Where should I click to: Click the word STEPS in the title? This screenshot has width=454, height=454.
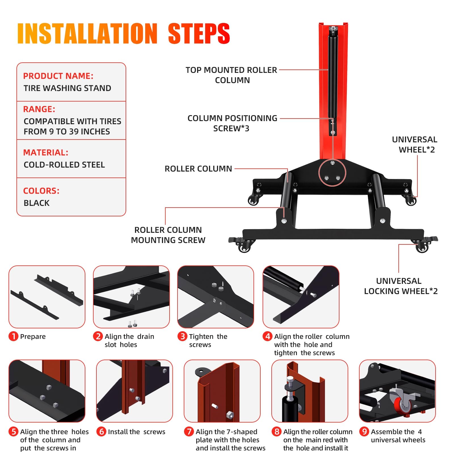(199, 33)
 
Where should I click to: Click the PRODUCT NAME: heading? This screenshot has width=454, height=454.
(58, 76)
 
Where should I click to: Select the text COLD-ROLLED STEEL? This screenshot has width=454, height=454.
(64, 165)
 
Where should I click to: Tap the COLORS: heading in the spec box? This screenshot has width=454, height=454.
(41, 191)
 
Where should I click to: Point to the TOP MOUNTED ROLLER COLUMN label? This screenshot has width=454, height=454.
(231, 75)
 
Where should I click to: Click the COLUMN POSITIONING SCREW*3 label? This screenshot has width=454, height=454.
(232, 123)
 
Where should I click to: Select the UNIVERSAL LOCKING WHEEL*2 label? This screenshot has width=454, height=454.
(401, 286)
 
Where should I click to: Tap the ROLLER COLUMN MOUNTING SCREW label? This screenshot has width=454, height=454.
(168, 235)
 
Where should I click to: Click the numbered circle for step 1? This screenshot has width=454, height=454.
(13, 337)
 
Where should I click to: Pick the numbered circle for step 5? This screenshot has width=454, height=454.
(13, 432)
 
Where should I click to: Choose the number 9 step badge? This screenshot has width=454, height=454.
(364, 432)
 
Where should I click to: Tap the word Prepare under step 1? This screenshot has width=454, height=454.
(33, 337)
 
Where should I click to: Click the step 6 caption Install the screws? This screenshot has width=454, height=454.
(136, 432)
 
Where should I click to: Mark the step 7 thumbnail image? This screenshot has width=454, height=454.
(222, 391)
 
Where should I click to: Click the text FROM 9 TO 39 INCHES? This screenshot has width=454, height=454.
(67, 132)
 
